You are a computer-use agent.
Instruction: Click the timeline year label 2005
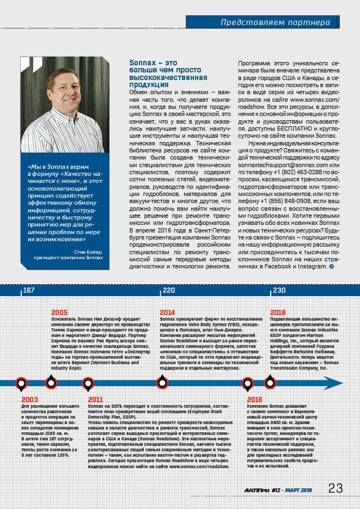(x=59, y=312)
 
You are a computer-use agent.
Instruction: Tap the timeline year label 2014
(x=168, y=312)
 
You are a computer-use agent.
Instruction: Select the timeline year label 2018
(x=278, y=312)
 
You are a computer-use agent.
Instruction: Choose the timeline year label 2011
(x=96, y=399)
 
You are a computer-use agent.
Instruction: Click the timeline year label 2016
(x=255, y=399)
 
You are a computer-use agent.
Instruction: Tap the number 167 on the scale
(x=29, y=290)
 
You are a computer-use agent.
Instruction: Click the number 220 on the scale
(x=169, y=290)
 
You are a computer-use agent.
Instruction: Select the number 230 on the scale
(x=279, y=290)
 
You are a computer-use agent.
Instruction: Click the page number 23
(x=335, y=488)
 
